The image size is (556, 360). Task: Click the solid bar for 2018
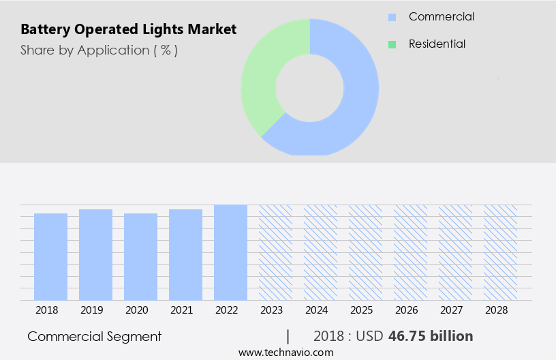tap(50, 257)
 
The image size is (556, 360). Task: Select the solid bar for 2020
tap(140, 257)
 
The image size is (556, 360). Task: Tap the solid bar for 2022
tap(230, 252)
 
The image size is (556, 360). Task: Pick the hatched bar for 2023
tap(275, 252)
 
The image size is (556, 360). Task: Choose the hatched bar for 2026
tap(410, 252)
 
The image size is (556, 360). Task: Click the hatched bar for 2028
tap(500, 252)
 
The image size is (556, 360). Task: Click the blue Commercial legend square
tap(392, 17)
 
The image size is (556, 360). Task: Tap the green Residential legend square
tap(392, 44)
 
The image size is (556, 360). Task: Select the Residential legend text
tap(437, 44)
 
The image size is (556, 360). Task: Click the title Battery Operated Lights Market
tap(129, 30)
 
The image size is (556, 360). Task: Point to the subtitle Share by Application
tap(99, 50)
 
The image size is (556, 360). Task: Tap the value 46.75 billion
tap(430, 336)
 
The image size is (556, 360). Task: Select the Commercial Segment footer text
tap(95, 336)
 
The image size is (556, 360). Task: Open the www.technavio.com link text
tap(286, 352)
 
